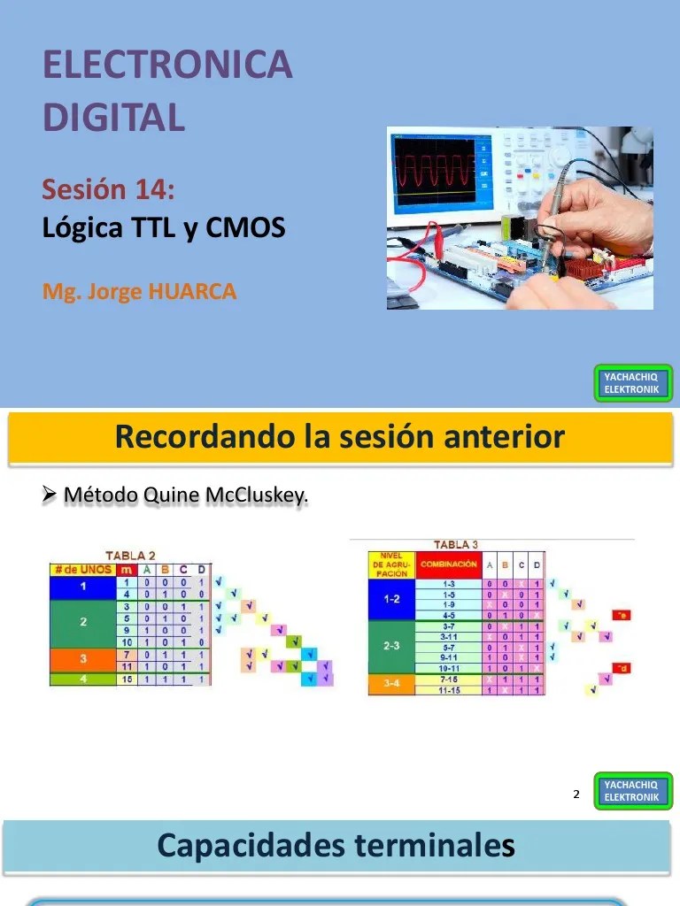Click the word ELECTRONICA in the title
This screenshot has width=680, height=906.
[167, 65]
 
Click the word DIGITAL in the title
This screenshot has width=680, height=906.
[114, 117]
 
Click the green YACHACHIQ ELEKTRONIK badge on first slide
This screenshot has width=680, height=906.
[631, 383]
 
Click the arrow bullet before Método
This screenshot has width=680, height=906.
[50, 494]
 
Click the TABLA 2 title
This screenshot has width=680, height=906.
[130, 556]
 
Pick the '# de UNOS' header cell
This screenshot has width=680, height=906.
[82, 570]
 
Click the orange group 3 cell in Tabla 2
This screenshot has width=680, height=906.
[82, 658]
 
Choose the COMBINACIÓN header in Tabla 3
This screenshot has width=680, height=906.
[449, 564]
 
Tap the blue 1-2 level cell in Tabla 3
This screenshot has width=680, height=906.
[391, 599]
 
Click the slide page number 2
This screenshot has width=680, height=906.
[576, 795]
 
